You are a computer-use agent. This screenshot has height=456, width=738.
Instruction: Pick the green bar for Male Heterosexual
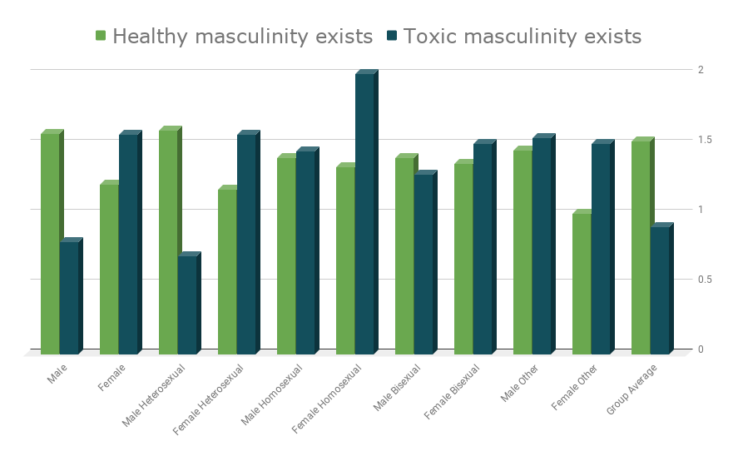pos(168,241)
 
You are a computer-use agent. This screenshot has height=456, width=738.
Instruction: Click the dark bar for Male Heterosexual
pos(187,305)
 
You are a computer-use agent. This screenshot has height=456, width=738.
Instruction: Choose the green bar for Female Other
pos(582,284)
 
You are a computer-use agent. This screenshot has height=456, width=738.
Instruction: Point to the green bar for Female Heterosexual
pos(227,271)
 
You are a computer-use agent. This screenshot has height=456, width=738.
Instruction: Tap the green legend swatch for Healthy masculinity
pos(101,36)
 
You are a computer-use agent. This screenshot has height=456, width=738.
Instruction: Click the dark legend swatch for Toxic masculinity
pos(392,36)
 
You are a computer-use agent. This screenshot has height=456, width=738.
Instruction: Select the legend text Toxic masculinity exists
pos(523,37)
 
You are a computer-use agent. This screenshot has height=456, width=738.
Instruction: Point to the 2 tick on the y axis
pos(701,70)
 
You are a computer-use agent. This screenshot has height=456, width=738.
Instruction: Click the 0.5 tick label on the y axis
pos(705,280)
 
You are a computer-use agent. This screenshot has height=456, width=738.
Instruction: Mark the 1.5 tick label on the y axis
pos(705,140)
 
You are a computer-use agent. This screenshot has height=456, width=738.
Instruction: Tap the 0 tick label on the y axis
pos(701,349)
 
